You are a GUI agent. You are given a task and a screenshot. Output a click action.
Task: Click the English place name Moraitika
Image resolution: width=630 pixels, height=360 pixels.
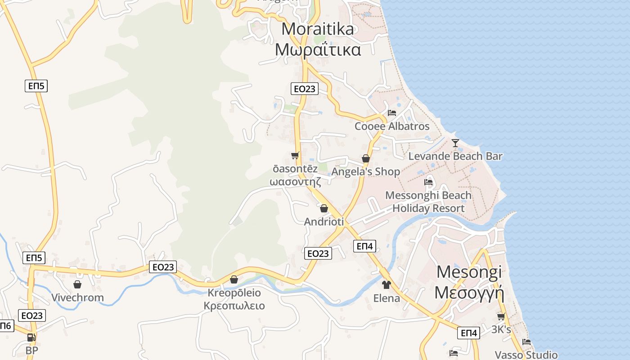pyautogui.click(x=318, y=29)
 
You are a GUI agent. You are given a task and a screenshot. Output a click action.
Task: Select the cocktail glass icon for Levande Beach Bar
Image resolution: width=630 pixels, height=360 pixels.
pyautogui.click(x=455, y=143)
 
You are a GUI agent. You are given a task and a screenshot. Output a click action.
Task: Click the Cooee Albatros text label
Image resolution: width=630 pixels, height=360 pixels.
pyautogui.click(x=392, y=126)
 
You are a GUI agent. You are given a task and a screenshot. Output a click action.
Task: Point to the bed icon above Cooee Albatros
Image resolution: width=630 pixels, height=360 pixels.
pyautogui.click(x=392, y=112)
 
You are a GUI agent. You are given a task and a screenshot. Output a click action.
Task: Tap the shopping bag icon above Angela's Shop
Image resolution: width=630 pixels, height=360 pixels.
pyautogui.click(x=366, y=158)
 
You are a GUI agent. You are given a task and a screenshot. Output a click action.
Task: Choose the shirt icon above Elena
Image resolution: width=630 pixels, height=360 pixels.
pyautogui.click(x=387, y=284)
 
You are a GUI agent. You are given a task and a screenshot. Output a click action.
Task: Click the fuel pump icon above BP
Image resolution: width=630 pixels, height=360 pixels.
pyautogui.click(x=31, y=337)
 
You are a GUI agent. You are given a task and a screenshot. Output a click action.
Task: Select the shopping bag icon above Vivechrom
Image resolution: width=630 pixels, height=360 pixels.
pyautogui.click(x=77, y=284)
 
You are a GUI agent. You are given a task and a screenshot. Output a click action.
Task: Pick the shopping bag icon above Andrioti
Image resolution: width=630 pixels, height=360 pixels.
pyautogui.click(x=324, y=208)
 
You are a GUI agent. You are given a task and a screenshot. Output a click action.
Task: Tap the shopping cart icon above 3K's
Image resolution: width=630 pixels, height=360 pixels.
pyautogui.click(x=501, y=317)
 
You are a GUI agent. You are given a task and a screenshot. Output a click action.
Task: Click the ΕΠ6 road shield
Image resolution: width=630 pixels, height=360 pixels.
pyautogui.click(x=5, y=326)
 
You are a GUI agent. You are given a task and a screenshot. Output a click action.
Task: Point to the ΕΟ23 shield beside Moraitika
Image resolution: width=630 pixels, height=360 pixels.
pyautogui.click(x=305, y=89)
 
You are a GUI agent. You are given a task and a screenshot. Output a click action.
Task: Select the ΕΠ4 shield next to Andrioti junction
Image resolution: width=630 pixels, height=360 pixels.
pyautogui.click(x=364, y=246)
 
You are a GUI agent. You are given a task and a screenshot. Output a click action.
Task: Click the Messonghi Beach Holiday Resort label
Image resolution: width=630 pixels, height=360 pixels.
pyautogui.click(x=428, y=202)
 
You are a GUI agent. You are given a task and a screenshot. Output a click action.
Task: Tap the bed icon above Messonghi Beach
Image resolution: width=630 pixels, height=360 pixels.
pyautogui.click(x=428, y=182)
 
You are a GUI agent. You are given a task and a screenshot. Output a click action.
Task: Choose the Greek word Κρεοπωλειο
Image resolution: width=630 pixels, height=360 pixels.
pyautogui.click(x=234, y=306)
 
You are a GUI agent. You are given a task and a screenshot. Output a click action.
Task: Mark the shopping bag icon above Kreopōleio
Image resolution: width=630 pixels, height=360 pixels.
pyautogui.click(x=234, y=279)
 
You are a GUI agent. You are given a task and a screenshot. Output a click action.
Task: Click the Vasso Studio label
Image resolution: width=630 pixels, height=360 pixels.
pyautogui.click(x=526, y=355)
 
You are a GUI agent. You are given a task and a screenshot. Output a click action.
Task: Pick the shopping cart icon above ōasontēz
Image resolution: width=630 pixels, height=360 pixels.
pyautogui.click(x=295, y=156)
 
